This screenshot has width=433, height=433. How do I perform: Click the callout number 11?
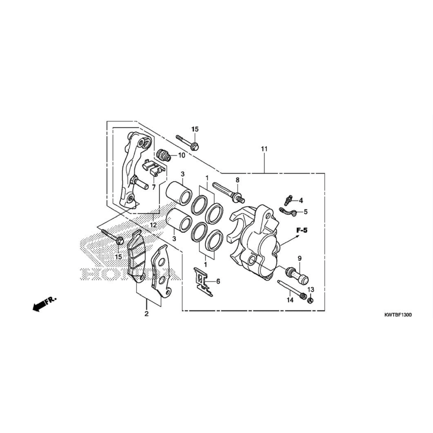[264, 149]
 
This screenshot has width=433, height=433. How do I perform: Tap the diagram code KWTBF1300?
[398, 315]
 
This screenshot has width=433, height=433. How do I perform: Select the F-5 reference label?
[302, 231]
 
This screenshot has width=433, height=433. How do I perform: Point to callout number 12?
[154, 225]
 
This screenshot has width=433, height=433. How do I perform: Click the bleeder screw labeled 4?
[288, 200]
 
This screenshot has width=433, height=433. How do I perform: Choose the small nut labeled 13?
[311, 300]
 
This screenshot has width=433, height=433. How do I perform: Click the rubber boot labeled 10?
[164, 155]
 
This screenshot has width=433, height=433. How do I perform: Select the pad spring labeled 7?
[153, 168]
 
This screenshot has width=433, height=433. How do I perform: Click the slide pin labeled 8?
[229, 192]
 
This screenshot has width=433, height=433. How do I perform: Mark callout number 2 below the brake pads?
[146, 314]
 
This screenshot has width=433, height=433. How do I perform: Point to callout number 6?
[218, 281]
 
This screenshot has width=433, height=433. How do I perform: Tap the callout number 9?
[299, 259]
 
